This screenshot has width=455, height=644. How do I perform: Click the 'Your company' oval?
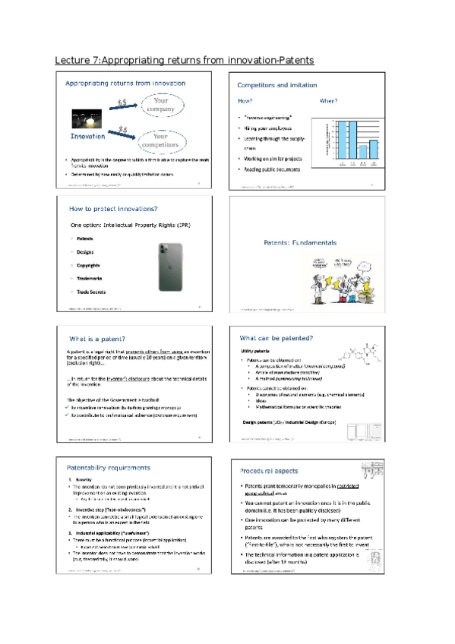click(x=160, y=105)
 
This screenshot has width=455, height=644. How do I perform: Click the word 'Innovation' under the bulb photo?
click(x=88, y=137)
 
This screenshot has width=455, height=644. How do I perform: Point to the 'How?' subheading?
click(x=245, y=100)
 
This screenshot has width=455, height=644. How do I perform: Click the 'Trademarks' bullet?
click(x=91, y=279)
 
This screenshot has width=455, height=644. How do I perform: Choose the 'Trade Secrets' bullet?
click(x=91, y=292)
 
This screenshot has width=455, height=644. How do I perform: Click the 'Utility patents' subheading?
click(x=256, y=352)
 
